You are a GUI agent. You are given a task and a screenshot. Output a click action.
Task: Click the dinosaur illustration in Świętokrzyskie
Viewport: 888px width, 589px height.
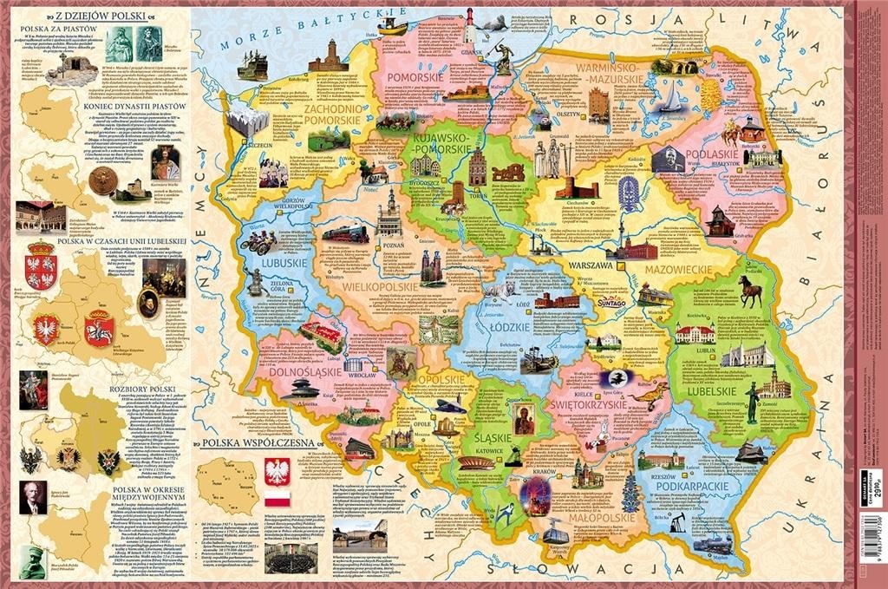point(646,396)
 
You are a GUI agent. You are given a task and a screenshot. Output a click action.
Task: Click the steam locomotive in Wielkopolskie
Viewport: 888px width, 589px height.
point(345,233)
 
